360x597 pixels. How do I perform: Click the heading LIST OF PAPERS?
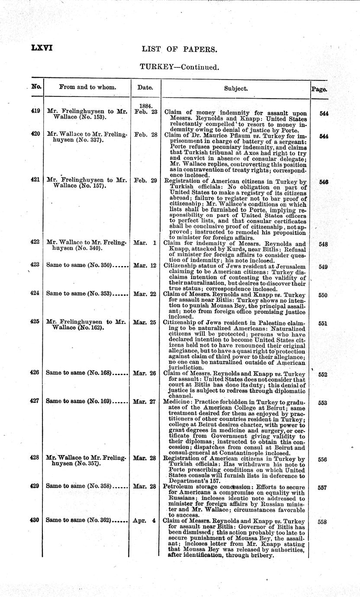pyautogui.click(x=179, y=49)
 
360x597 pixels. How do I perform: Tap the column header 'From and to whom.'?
pyautogui.click(x=87, y=87)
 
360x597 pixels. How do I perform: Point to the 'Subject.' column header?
pyautogui.click(x=236, y=88)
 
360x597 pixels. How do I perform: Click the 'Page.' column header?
pyautogui.click(x=319, y=89)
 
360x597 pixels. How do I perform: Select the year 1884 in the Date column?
pyautogui.click(x=145, y=105)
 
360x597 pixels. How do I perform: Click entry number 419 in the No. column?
pyautogui.click(x=36, y=111)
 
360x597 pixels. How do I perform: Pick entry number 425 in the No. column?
pyautogui.click(x=36, y=322)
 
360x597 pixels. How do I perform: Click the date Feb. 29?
pyautogui.click(x=145, y=180)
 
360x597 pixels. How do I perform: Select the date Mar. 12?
pyautogui.click(x=145, y=265)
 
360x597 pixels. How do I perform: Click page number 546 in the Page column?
pyautogui.click(x=323, y=182)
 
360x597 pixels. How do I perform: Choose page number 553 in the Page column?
pyautogui.click(x=322, y=403)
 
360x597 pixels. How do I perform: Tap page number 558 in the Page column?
pyautogui.click(x=322, y=522)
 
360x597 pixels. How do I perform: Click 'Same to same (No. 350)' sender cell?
pyautogui.click(x=79, y=264)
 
